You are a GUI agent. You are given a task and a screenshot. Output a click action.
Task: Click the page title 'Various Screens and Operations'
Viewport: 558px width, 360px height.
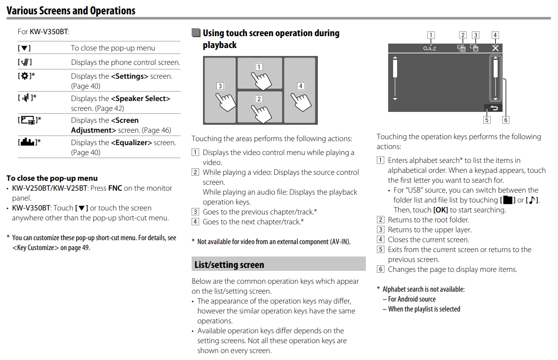71,10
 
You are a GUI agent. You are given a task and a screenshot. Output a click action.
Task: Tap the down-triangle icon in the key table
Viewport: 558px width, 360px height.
25,48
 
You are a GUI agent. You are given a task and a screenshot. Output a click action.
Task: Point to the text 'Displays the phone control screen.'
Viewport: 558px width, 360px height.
125,62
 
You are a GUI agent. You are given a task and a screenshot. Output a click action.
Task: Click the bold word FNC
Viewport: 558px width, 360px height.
115,188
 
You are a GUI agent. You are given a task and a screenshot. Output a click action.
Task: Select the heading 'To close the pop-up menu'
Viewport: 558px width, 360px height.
52,178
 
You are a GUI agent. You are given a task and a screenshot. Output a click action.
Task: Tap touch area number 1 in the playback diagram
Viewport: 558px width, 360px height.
259,73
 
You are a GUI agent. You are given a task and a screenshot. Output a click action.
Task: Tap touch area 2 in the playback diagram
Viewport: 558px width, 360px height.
259,106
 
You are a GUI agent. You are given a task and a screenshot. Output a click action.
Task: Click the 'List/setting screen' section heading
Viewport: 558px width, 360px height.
229,264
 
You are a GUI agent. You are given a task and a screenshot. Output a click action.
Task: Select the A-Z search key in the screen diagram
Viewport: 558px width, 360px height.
429,49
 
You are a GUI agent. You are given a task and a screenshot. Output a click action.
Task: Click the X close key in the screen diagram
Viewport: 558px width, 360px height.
495,48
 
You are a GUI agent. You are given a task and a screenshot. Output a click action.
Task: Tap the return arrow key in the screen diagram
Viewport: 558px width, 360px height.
493,107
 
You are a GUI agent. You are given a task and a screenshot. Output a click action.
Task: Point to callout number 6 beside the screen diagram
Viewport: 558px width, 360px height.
505,120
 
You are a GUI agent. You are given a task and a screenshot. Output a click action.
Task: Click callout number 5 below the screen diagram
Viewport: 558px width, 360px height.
487,120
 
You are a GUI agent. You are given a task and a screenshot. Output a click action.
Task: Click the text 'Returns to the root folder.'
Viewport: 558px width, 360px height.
428,220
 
